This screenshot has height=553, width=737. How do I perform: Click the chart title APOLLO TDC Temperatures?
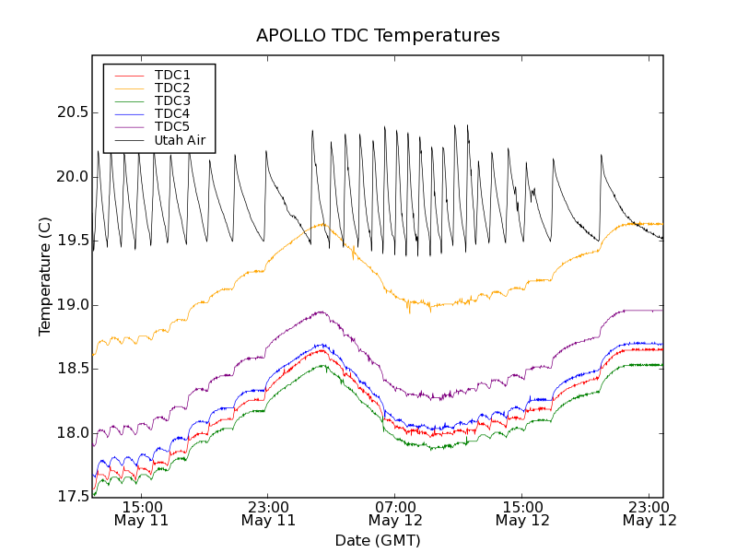378,36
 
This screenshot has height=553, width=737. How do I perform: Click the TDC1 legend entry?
172,75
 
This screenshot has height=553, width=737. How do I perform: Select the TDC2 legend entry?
172,88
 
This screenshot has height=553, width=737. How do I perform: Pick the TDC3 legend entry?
172,100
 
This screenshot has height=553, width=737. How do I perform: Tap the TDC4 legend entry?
172,113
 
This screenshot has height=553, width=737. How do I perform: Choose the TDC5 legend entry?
172,126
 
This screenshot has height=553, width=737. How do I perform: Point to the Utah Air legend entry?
180,140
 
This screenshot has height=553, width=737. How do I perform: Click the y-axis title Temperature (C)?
45,276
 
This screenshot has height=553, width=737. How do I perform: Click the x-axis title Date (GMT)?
378,540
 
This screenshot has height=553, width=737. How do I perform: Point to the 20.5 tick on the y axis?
70,112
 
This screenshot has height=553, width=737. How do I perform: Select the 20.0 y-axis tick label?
70,177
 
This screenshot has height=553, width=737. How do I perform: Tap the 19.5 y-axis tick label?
70,241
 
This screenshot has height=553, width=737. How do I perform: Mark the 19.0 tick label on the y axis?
70,305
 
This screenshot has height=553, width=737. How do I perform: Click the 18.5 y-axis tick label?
70,369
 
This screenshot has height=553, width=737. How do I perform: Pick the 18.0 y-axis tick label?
70,433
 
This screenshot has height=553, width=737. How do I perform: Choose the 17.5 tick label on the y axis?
70,497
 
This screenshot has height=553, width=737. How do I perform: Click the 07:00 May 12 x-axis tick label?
395,513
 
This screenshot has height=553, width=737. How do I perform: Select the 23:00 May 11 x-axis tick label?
268,513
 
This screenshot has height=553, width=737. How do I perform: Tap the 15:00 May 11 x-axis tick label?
141,513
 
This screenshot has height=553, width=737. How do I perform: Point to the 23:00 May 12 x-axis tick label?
649,513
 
